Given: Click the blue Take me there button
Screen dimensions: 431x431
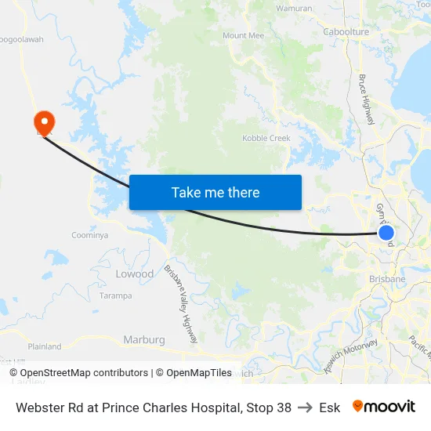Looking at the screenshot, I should click(215, 192).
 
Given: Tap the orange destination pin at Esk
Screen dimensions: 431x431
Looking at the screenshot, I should click(44, 121).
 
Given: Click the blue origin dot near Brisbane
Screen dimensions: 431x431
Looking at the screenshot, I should click(386, 233).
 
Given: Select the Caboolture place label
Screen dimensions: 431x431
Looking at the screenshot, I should click(346, 32).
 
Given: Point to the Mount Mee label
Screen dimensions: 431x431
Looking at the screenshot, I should click(244, 36).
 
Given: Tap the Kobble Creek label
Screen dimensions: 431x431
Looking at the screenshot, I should click(266, 139).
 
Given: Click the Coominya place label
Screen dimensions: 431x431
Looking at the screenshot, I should click(89, 235).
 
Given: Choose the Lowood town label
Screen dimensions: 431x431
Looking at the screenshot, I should click(135, 274).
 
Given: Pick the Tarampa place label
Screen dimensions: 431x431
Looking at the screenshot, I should click(115, 296).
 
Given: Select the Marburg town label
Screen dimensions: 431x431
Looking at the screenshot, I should click(144, 340).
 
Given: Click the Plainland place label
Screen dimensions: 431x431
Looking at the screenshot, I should click(45, 346).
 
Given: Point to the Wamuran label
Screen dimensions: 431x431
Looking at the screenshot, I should click(295, 8).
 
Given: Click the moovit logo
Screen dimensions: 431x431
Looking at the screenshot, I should click(383, 407).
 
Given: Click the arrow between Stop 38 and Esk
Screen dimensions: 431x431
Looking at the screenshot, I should click(305, 407).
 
